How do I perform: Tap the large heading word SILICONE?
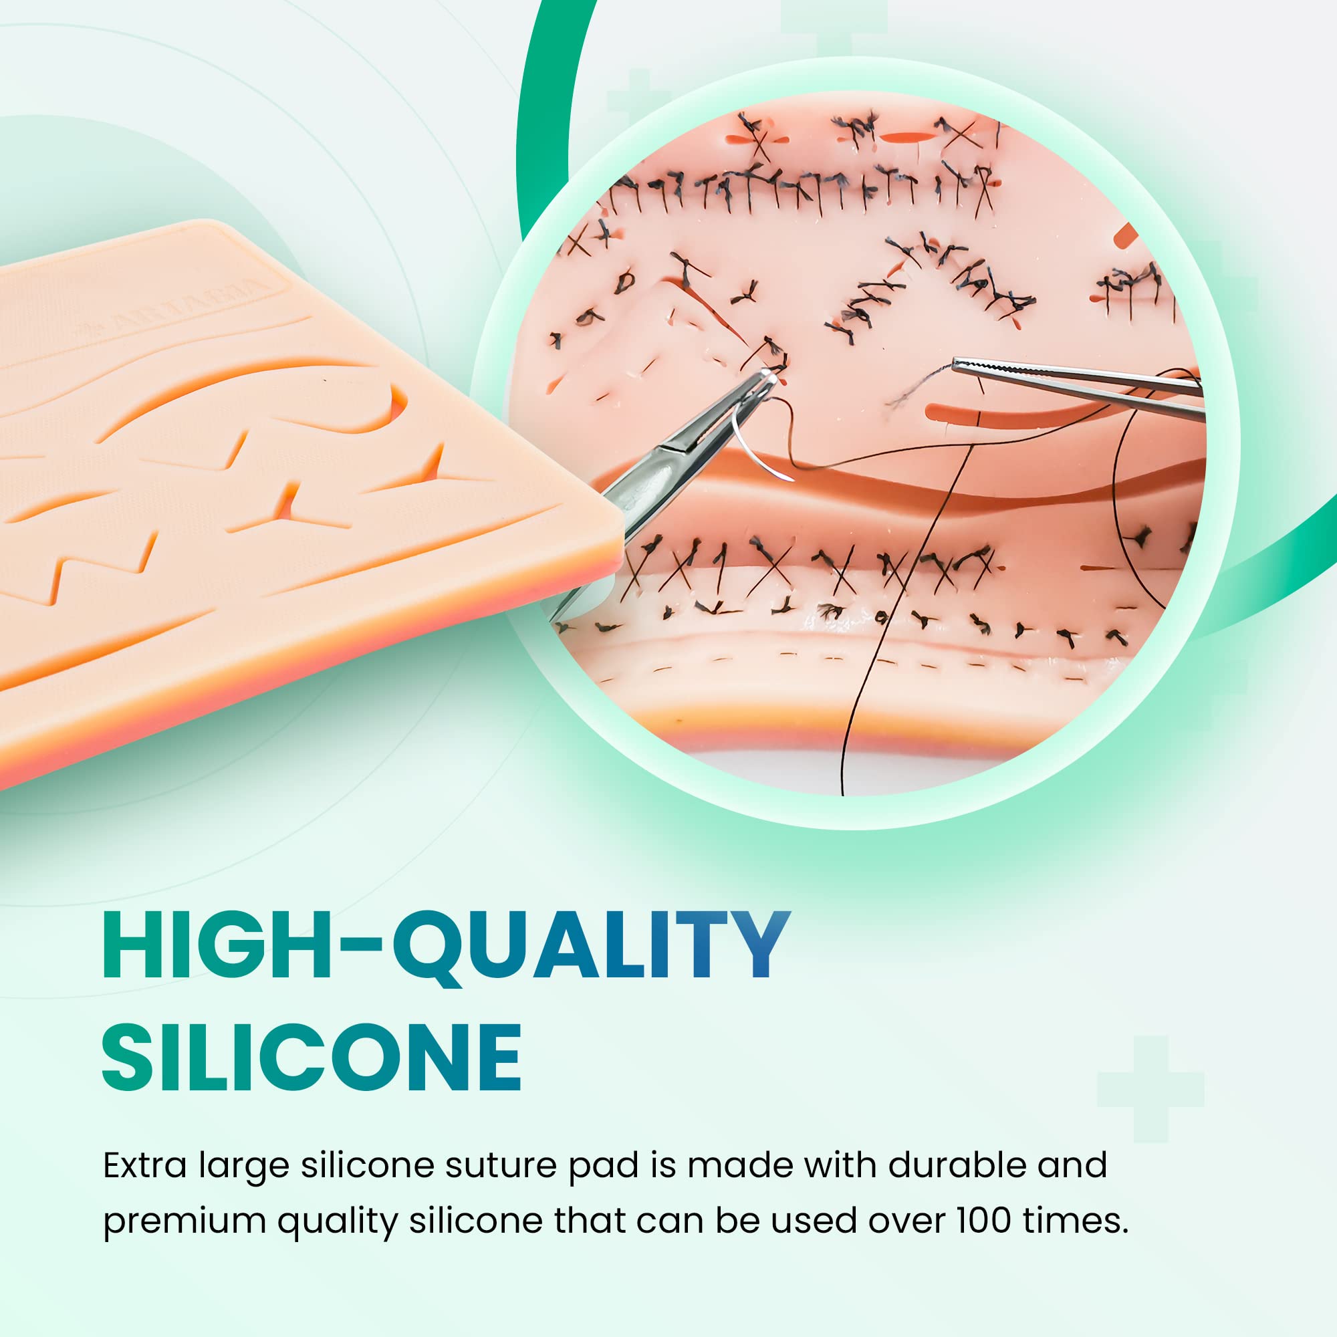coord(312,1058)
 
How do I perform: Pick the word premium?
coord(184,1220)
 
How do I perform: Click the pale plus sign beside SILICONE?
coord(1150,1088)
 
